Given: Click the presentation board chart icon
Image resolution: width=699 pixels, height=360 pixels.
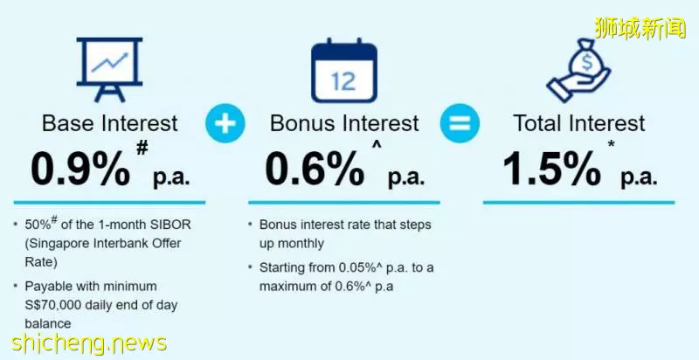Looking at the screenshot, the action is point(110,70).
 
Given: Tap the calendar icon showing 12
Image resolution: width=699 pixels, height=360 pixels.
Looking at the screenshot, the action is point(344,71).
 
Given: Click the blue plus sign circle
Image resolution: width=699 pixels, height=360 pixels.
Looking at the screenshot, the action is point(225,123).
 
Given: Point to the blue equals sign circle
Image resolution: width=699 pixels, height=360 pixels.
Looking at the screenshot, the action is point(460,123).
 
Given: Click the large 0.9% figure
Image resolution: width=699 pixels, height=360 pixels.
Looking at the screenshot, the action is point(80,170).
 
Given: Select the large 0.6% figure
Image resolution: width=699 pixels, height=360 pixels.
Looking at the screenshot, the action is point(315,170).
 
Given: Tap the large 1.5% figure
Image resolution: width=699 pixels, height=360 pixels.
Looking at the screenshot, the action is point(552,170).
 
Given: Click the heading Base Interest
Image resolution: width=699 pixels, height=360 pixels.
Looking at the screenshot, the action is point(110,123).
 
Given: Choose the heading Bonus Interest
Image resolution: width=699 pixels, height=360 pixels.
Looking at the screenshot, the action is point(344,123).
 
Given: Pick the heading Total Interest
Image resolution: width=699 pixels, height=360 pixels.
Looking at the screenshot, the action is point(579,123).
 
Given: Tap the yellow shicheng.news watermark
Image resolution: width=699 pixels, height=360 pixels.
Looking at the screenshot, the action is point(89,343).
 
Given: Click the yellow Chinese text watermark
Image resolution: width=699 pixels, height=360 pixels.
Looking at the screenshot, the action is point(640,28).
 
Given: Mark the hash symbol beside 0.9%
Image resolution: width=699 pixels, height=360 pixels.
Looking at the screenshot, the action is point(142,148).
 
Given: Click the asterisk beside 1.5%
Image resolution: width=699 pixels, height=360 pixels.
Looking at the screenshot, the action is point(611,145).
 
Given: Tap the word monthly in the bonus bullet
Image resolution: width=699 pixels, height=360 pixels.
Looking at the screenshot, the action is point(292,244).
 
